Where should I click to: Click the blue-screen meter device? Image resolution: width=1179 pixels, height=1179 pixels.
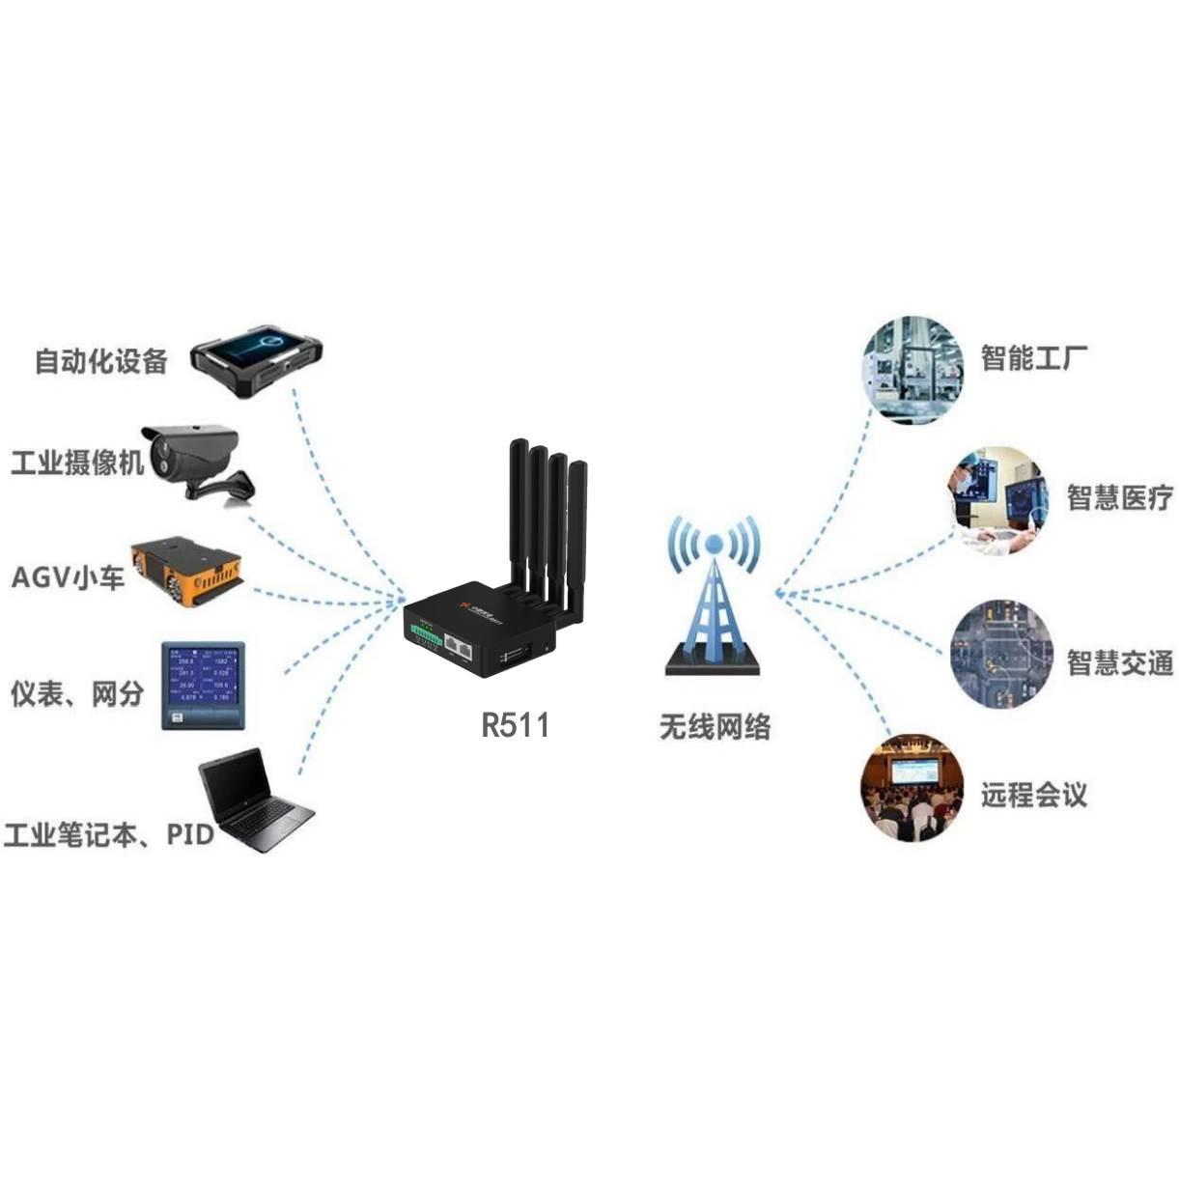coord(203,684)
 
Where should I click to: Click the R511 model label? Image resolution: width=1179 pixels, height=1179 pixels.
coord(515,724)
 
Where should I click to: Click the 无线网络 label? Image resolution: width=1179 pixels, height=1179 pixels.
coord(715,726)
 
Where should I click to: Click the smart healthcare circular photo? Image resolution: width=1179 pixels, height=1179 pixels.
coord(997,500)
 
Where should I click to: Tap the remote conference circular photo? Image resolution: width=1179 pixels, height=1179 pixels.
coord(912,788)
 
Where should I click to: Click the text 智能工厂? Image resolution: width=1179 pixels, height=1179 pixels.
coord(1034,357)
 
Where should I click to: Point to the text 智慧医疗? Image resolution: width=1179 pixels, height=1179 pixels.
coord(1119,497)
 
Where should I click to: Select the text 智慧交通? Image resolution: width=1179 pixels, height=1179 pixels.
coord(1119,662)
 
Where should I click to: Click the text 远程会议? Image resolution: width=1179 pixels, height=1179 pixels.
coord(1034,795)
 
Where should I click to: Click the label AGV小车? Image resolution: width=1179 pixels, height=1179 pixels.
coord(68,578)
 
